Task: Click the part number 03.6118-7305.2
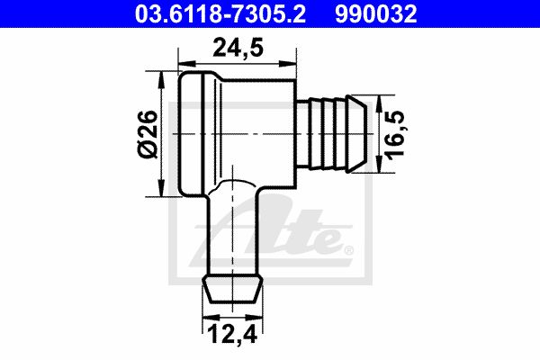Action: tap(220, 14)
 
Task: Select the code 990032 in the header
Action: tap(375, 14)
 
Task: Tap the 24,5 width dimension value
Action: tap(238, 49)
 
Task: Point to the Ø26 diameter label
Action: tap(148, 134)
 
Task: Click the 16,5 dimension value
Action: tap(395, 134)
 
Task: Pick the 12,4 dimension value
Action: tap(233, 334)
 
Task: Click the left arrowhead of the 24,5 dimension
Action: tap(187, 64)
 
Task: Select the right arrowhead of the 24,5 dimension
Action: tap(288, 64)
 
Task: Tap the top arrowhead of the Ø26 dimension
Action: tap(161, 80)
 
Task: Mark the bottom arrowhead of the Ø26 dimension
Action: tap(161, 188)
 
